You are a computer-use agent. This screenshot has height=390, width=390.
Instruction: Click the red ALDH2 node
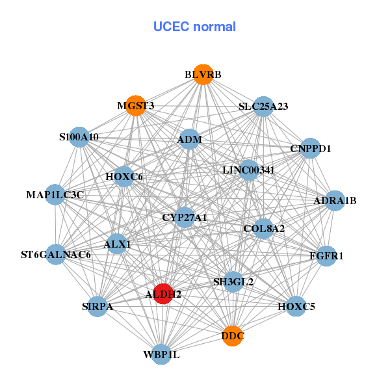[x=162, y=294]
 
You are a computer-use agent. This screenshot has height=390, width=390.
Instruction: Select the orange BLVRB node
[x=203, y=74]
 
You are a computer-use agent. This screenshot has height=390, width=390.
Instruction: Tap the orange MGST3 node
[x=135, y=106]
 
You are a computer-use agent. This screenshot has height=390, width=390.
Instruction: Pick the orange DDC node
[x=233, y=336]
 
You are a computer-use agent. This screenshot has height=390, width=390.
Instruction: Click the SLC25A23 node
[x=263, y=106]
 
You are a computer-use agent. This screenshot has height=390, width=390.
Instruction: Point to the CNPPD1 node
[x=311, y=148]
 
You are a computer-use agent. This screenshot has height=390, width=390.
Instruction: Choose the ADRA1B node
[x=335, y=200]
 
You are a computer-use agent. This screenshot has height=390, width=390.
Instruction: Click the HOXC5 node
[x=296, y=305]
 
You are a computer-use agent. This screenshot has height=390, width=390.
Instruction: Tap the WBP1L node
[x=161, y=354]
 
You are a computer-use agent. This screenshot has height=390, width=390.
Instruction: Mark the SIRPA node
[x=97, y=306]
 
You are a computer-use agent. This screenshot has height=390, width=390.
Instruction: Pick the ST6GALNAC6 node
[x=56, y=254]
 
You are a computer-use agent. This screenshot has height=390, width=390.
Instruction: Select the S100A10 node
[x=79, y=137]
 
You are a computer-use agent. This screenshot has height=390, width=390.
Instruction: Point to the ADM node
[x=189, y=139]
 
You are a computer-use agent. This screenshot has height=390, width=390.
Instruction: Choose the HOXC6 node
[x=123, y=176]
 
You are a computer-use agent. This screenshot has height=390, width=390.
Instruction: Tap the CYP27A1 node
[x=184, y=217]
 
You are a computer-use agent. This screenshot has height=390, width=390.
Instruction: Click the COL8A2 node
[x=263, y=228]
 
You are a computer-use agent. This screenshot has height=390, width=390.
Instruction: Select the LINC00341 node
[x=248, y=170]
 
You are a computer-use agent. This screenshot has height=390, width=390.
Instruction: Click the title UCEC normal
[x=194, y=27]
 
